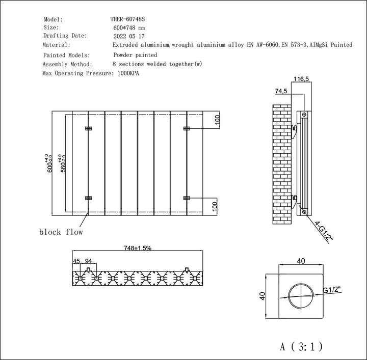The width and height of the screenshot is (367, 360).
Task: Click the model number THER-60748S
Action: [x=128, y=19]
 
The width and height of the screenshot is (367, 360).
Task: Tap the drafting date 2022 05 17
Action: [x=129, y=36]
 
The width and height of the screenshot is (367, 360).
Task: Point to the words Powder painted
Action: [x=135, y=54]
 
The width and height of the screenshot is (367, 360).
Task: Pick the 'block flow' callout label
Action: [x=61, y=232]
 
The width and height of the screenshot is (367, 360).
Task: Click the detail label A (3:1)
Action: [x=301, y=347]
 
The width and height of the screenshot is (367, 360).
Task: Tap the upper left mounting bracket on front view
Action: [x=88, y=127]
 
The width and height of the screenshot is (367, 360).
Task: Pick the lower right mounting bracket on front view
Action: [x=187, y=198]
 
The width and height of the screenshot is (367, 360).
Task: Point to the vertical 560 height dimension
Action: [x=63, y=163]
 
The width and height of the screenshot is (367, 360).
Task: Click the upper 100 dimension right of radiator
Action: [x=216, y=120]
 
